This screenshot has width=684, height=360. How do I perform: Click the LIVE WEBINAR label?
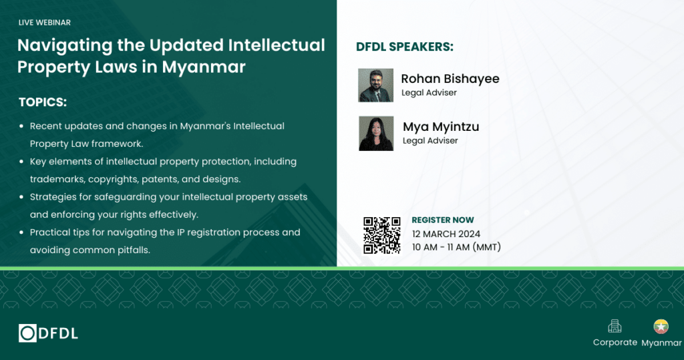[45, 23]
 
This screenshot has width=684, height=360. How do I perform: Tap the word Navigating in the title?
[65, 46]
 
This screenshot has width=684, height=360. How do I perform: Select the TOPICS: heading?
[43, 102]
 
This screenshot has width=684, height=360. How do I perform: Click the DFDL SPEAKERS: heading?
[405, 47]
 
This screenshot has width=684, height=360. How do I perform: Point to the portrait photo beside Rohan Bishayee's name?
[375, 85]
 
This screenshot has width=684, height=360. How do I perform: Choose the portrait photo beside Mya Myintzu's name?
[376, 133]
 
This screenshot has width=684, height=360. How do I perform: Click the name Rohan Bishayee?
[450, 79]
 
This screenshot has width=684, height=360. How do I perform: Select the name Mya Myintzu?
[441, 127]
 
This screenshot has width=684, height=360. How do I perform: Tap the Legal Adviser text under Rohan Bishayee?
[429, 93]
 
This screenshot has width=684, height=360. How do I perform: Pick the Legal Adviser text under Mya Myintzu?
[430, 140]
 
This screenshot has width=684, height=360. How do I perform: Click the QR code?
[381, 235]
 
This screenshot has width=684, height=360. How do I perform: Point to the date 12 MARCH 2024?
[446, 234]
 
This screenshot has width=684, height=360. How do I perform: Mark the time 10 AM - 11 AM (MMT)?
[456, 247]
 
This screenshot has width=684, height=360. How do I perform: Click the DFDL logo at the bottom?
[48, 333]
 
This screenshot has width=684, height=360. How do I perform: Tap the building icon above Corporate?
[615, 327]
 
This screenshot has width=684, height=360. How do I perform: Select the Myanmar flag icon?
[661, 327]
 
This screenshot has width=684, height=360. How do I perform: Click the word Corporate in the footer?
[615, 343]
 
